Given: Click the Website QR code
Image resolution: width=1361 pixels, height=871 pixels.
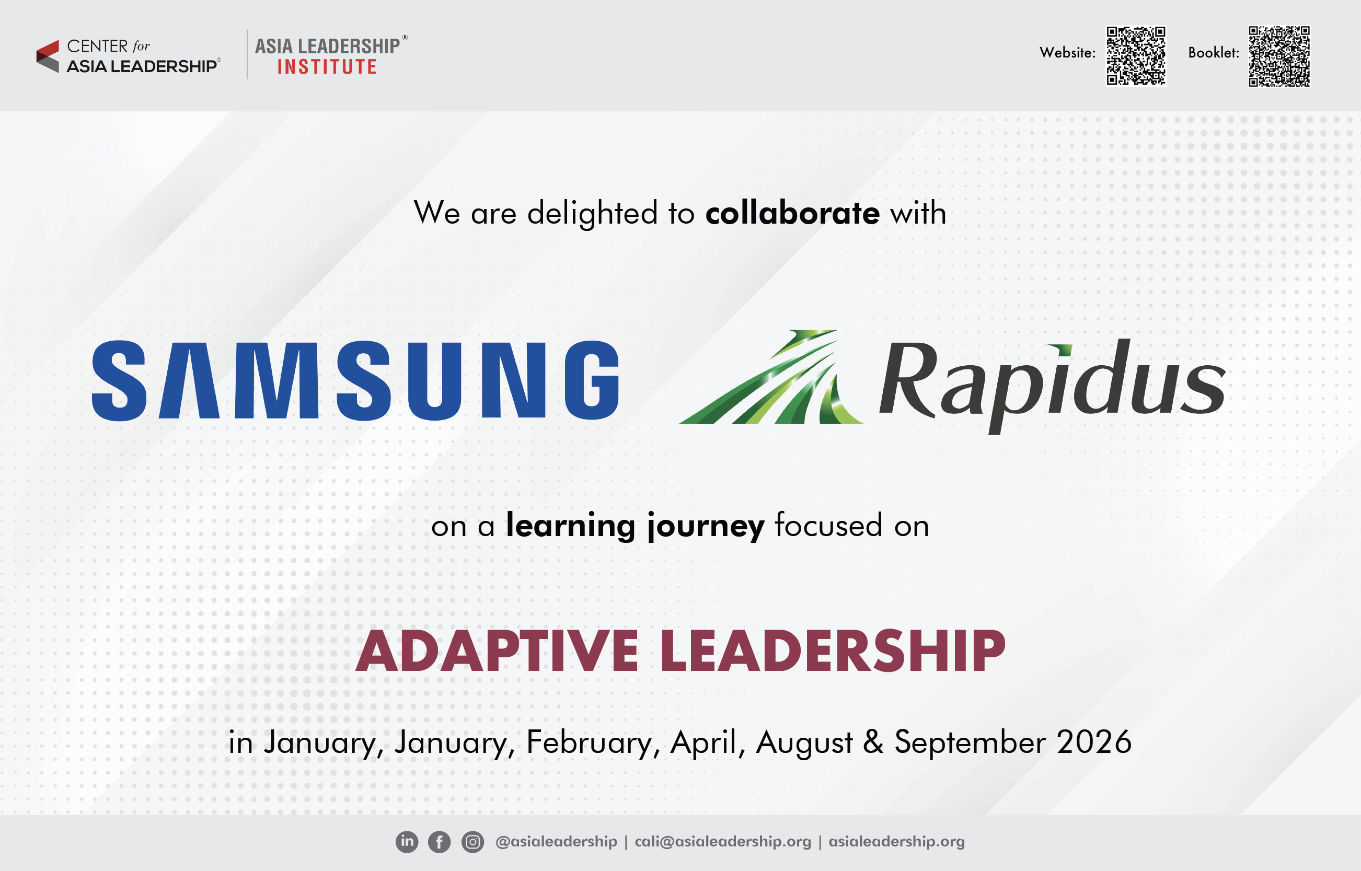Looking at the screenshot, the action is coord(1136,56).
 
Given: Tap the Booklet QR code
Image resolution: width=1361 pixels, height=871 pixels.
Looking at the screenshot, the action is coord(1279,56).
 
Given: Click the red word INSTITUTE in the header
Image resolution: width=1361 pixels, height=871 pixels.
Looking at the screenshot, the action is coord(327,67).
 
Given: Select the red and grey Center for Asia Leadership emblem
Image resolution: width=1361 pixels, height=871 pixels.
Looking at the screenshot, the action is coord(48,56).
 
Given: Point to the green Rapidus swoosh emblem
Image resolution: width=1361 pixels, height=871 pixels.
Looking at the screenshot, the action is coord(771,377).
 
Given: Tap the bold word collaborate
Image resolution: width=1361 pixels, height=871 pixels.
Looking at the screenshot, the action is coord(792,213).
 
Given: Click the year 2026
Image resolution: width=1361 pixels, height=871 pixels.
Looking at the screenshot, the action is coord(1094,741).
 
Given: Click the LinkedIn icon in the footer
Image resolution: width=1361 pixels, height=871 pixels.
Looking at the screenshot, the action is coord(407,842).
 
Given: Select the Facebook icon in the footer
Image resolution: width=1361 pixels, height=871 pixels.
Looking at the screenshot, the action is coord(439,842).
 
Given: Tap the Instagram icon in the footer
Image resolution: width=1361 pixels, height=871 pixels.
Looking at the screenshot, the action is coord(472,842).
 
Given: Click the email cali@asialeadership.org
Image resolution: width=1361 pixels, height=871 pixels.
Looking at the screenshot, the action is coord(722,842).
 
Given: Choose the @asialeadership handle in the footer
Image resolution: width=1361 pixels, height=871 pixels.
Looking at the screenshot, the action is coord(556,842).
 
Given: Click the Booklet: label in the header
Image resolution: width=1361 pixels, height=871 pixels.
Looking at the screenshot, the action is coord(1214,53).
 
